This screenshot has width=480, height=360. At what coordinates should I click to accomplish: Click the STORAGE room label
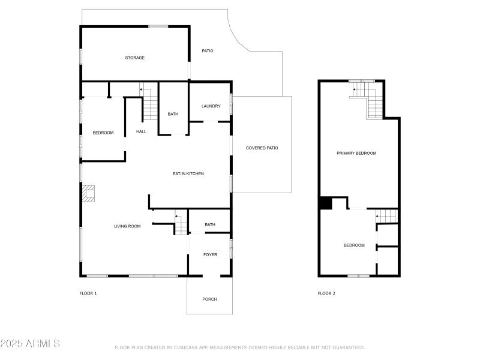[x=134, y=58]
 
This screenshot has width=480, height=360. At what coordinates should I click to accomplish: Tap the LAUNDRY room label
[x=211, y=106]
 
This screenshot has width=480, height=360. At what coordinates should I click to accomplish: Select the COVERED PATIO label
[x=262, y=148]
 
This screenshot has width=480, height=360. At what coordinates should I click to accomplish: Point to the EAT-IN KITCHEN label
[x=188, y=173]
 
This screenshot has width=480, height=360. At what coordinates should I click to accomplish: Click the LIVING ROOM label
[x=127, y=226]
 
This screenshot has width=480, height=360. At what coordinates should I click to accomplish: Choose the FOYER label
[x=210, y=254]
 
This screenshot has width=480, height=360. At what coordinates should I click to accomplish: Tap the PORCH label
[x=209, y=299]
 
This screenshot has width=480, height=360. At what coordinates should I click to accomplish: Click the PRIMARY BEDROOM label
[x=356, y=153]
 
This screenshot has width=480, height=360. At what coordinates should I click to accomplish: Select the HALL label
[x=141, y=131]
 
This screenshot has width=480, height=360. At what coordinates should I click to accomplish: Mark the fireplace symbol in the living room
[x=89, y=193]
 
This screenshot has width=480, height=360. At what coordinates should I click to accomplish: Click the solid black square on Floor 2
[x=326, y=203]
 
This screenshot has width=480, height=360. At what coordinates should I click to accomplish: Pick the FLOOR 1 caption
[x=88, y=293]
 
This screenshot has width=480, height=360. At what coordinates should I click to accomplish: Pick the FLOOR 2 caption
[x=326, y=293]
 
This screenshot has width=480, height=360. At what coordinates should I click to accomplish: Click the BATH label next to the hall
[x=173, y=114]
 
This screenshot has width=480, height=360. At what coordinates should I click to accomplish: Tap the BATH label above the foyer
[x=210, y=225]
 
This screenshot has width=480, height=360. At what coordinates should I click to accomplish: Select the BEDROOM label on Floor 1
[x=103, y=133]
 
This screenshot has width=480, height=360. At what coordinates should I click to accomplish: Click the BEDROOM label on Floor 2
[x=354, y=245]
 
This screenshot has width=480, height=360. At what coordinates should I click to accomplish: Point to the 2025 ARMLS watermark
[x=30, y=344]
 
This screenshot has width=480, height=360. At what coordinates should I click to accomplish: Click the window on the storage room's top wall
[x=158, y=26]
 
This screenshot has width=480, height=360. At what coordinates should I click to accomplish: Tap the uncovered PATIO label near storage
[x=207, y=50]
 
